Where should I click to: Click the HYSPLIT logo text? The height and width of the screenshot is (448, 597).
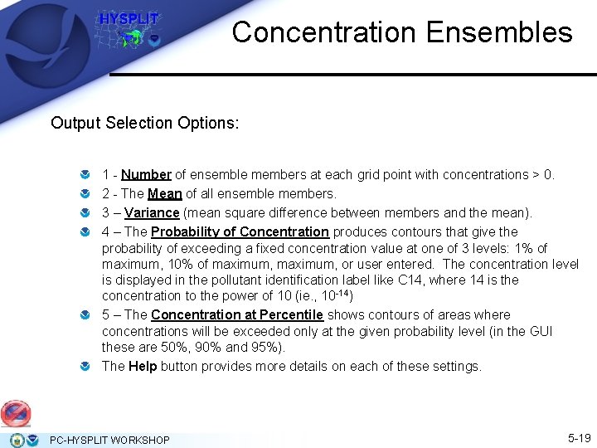129,19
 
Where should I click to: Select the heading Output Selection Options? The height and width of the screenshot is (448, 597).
144,123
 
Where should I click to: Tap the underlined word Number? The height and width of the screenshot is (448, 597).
146,175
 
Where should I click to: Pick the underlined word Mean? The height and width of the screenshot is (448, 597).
164,194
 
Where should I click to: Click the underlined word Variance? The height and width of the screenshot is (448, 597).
152,213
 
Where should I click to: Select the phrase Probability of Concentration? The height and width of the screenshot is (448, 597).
240,232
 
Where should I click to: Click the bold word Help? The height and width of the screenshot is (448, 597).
143,367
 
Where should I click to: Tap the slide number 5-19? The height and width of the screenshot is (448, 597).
578,438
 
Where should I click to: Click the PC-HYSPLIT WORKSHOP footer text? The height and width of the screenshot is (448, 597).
109,440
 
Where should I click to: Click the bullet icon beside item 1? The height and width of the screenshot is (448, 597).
85,175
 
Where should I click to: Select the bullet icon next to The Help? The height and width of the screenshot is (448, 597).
85,367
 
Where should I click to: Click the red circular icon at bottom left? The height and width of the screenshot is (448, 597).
15,413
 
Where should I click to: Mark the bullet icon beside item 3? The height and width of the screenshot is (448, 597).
85,213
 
